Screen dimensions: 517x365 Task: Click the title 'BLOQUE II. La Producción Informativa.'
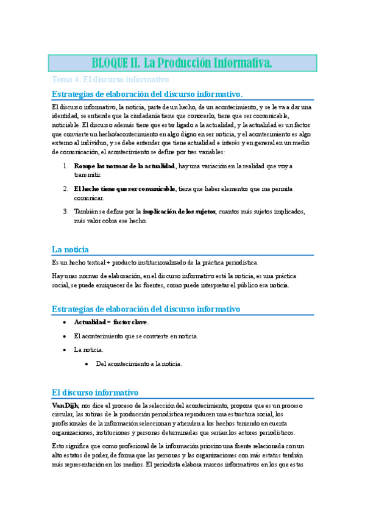pyautogui.click(x=182, y=63)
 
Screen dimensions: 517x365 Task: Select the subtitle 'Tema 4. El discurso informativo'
pyautogui.click(x=110, y=80)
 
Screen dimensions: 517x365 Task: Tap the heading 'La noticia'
pyautogui.click(x=71, y=249)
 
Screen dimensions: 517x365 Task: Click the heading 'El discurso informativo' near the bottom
pyautogui.click(x=96, y=393)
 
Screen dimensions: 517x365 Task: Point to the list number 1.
pyautogui.click(x=66, y=166)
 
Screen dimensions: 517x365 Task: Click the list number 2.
pyautogui.click(x=66, y=189)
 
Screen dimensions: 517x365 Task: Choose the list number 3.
pyautogui.click(x=66, y=212)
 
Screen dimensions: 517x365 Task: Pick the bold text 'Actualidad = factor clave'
pyautogui.click(x=110, y=322)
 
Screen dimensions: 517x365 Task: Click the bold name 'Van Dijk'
pyautogui.click(x=65, y=405)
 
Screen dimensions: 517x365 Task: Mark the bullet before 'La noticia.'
pyautogui.click(x=65, y=350)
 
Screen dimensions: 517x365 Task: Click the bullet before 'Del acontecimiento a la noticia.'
pyautogui.click(x=87, y=364)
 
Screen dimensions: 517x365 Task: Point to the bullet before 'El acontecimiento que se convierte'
pyautogui.click(x=65, y=336)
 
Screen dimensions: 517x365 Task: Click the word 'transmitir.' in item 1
pyautogui.click(x=88, y=174)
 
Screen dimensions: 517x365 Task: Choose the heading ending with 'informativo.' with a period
pyautogui.click(x=147, y=94)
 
